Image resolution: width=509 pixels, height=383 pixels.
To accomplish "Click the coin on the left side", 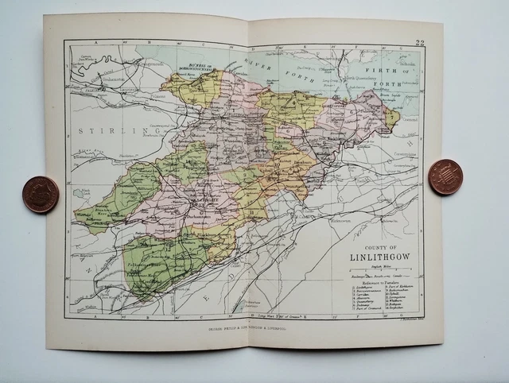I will click(x=40, y=195).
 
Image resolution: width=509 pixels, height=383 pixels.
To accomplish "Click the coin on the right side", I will click(x=445, y=176).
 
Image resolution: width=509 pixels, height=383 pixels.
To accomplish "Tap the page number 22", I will click(x=419, y=42).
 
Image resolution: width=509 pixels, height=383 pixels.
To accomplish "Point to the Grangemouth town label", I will click(x=116, y=80).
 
